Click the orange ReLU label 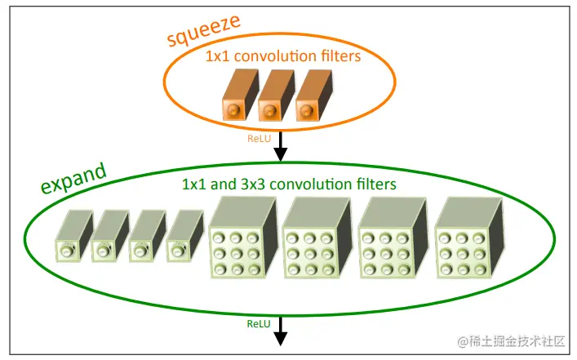[259, 139]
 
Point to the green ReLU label [258, 323]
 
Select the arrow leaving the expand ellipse [281, 330]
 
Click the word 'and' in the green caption [221, 184]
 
